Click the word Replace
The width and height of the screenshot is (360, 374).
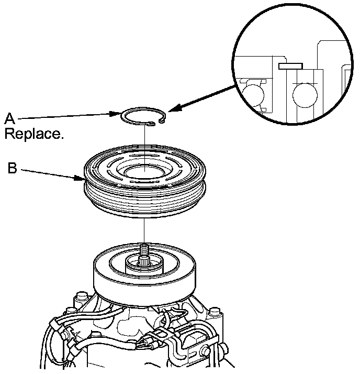coord(34,134)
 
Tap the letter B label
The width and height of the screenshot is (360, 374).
coord(12,169)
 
